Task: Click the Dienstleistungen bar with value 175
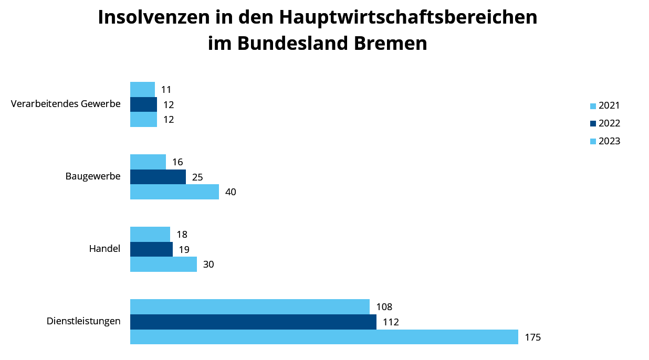(324, 337)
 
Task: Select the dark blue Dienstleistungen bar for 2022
(253, 322)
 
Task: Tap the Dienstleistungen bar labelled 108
(250, 306)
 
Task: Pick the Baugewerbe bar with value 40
(174, 192)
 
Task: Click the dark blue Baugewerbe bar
(158, 177)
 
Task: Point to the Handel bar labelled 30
(163, 264)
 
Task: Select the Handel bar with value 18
(150, 234)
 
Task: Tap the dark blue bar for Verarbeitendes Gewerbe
(143, 104)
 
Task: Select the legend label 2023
(609, 141)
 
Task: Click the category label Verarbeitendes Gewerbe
(66, 104)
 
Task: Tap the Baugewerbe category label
(93, 176)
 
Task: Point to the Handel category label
(104, 249)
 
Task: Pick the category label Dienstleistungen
(83, 321)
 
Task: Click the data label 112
(391, 322)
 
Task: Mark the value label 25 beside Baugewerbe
(197, 177)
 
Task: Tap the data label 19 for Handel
(184, 250)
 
